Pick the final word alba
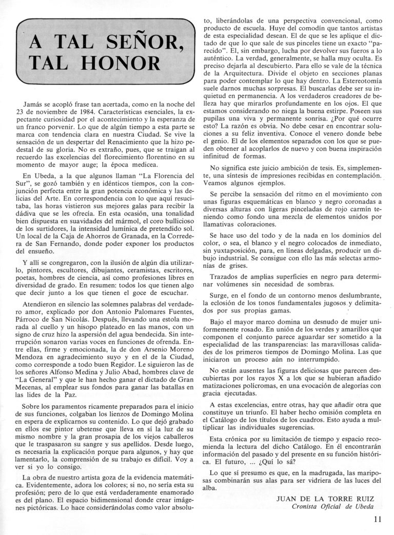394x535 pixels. tap(211, 488)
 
